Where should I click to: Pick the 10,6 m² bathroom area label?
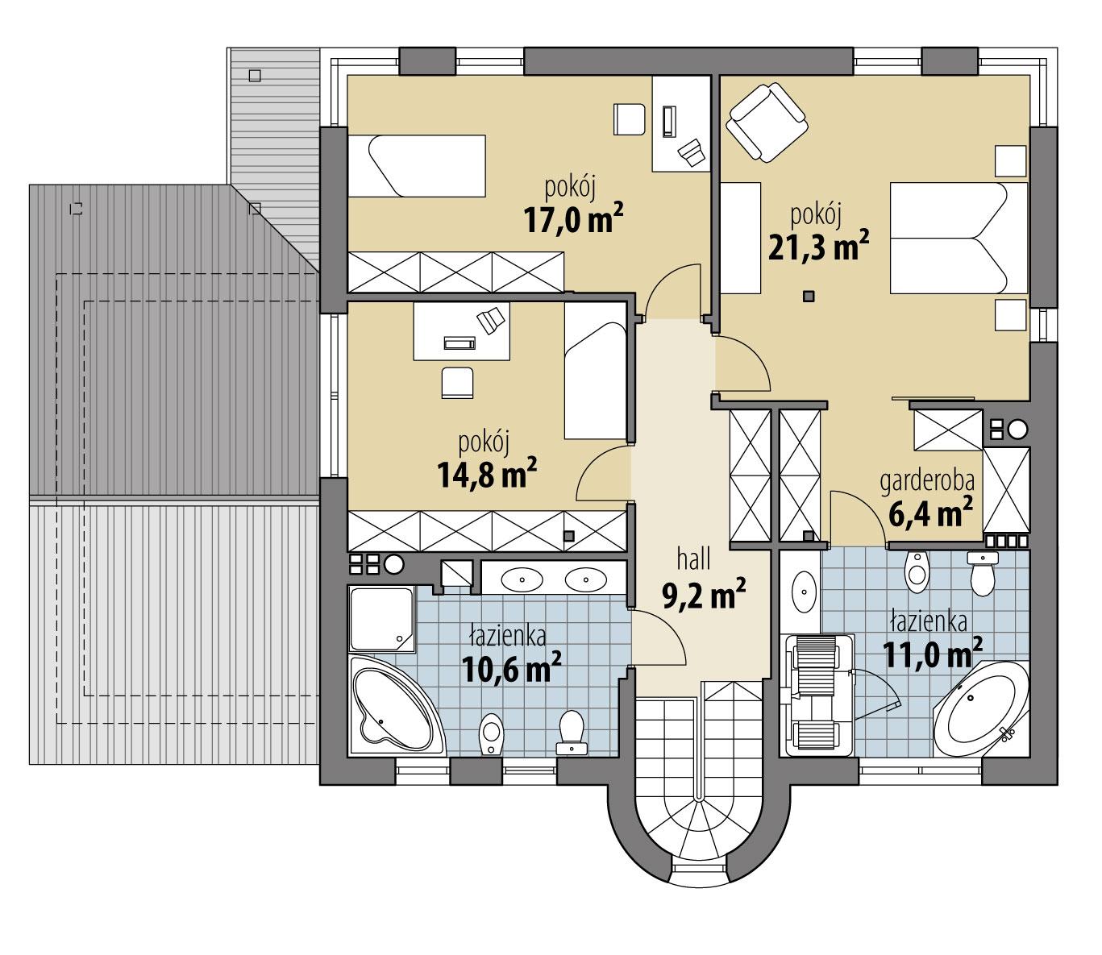(x=511, y=666)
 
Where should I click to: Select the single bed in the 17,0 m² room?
(x=417, y=165)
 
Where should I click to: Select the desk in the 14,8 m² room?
(x=462, y=330)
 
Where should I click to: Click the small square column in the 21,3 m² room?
(x=809, y=297)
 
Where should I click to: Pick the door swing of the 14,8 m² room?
(x=603, y=473)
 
